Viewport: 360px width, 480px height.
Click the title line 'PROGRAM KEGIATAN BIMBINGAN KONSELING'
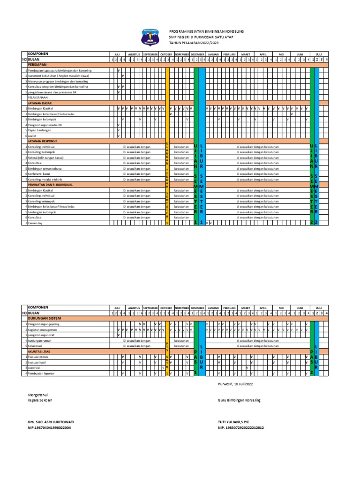point(206,31)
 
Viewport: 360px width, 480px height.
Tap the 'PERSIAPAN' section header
point(38,65)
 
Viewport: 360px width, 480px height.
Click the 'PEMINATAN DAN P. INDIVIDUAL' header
point(50,185)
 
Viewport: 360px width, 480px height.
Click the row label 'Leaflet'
point(33,135)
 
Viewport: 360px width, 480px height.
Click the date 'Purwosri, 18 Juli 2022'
point(235,384)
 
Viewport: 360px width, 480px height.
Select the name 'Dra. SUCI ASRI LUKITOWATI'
point(51,422)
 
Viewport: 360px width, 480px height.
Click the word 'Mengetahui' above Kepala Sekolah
point(38,395)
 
